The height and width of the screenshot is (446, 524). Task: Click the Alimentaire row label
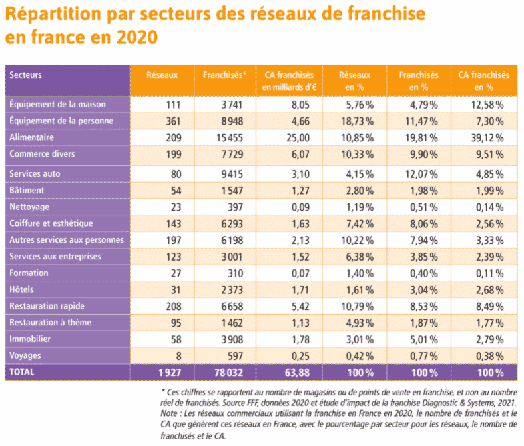click(31, 137)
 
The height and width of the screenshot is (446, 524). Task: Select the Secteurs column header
click(25, 75)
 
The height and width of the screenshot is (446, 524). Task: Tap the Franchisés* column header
click(224, 75)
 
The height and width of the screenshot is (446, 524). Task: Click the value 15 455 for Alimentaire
click(230, 138)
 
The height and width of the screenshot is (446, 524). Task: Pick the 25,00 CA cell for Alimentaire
click(298, 138)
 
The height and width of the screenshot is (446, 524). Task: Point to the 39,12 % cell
click(487, 138)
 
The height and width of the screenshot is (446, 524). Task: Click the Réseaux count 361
click(174, 121)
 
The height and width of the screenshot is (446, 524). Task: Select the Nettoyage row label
click(29, 207)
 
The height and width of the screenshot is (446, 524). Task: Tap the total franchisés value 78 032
click(228, 373)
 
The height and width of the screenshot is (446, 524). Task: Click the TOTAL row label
click(22, 372)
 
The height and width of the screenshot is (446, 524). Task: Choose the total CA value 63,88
click(297, 373)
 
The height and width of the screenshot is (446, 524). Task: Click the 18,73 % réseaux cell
click(358, 121)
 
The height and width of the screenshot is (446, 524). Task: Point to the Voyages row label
click(25, 355)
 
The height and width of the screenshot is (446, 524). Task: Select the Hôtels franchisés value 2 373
click(232, 290)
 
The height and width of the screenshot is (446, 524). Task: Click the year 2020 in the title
click(137, 37)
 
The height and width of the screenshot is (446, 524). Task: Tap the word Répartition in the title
click(53, 15)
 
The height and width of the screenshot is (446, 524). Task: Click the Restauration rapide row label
click(47, 306)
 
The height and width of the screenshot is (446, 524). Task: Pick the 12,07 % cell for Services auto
click(421, 174)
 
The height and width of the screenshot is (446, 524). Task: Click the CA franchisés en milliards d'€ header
click(289, 81)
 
